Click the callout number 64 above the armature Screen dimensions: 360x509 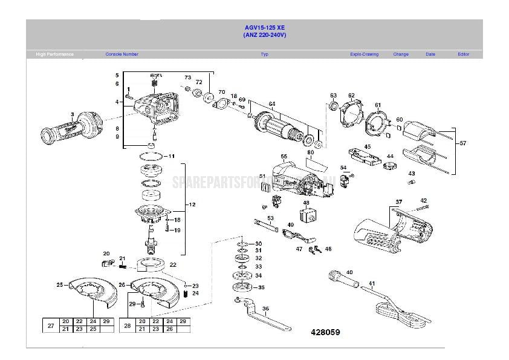272,104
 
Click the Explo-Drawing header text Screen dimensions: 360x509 364,54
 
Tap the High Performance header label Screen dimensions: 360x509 54,54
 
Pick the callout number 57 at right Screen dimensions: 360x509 463,143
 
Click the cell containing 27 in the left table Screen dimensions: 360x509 50,326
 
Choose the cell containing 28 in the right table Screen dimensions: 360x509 127,326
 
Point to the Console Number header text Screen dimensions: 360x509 122,54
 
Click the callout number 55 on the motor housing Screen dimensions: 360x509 284,157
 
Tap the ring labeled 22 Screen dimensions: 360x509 152,265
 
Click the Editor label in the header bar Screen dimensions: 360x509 463,54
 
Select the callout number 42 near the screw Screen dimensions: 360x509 423,201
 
